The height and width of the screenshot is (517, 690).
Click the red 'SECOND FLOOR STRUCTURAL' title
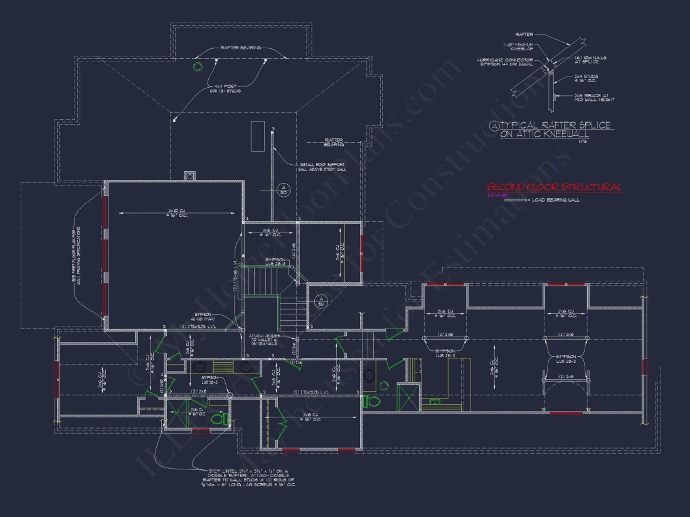pyautogui.click(x=554, y=187)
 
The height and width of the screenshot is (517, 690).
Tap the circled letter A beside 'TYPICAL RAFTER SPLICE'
pyautogui.click(x=494, y=126)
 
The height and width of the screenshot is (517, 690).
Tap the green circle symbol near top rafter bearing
pyautogui.click(x=197, y=67)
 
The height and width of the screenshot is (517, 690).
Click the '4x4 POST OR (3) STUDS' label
pyautogui.click(x=228, y=88)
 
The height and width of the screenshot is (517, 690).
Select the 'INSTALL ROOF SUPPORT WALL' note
pyautogui.click(x=323, y=167)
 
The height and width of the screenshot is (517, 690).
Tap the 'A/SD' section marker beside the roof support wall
pyautogui.click(x=282, y=189)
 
